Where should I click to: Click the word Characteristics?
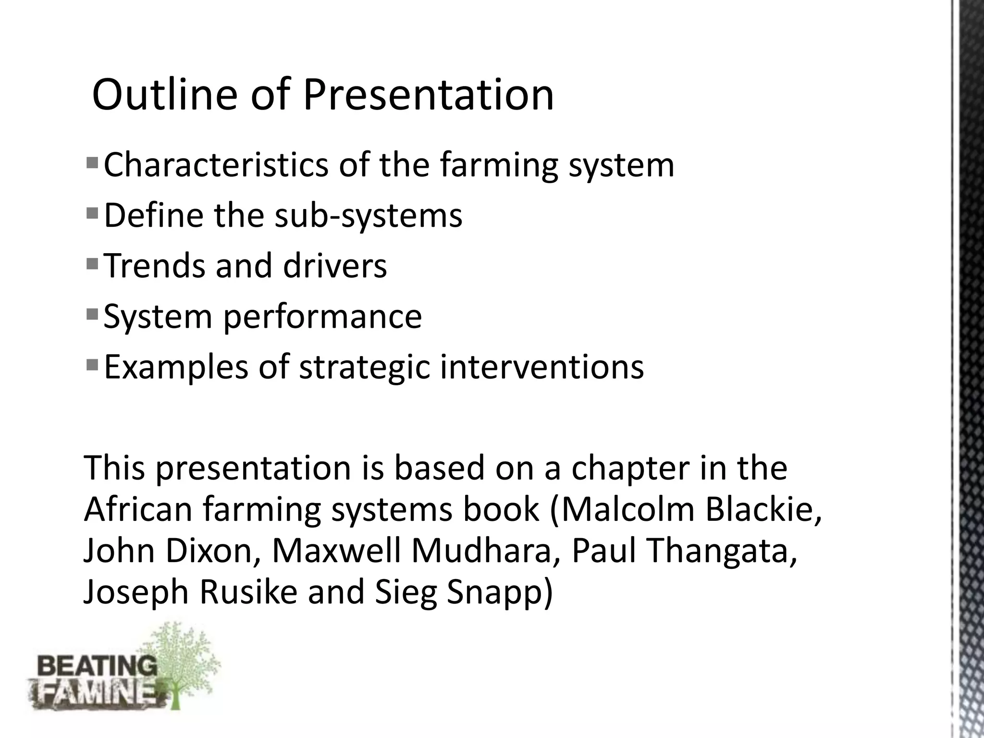(x=216, y=165)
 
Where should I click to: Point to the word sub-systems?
(x=368, y=215)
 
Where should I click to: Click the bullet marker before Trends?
(x=92, y=263)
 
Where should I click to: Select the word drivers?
(x=335, y=266)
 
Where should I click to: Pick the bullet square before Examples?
(x=92, y=364)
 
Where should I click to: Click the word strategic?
(x=364, y=368)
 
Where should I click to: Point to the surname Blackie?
(x=763, y=509)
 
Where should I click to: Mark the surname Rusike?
(x=248, y=592)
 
